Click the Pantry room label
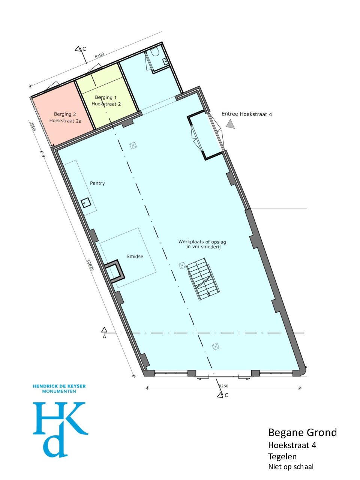pyautogui.click(x=97, y=183)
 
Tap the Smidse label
pyautogui.click(x=135, y=256)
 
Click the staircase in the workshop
pyautogui.click(x=203, y=279)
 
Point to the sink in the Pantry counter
pyautogui.click(x=85, y=203)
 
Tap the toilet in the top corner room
pyautogui.click(x=156, y=51)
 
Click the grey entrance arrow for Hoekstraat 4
pyautogui.click(x=230, y=124)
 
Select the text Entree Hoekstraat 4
pyautogui.click(x=246, y=114)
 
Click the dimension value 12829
pyautogui.click(x=90, y=265)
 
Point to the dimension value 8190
pyautogui.click(x=99, y=55)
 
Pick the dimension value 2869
pyautogui.click(x=33, y=126)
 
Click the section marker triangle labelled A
pyautogui.click(x=104, y=330)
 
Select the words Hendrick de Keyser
pyautogui.click(x=59, y=386)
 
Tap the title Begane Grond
pyautogui.click(x=303, y=432)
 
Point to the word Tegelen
pyautogui.click(x=282, y=456)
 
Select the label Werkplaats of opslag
pyautogui.click(x=202, y=241)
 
